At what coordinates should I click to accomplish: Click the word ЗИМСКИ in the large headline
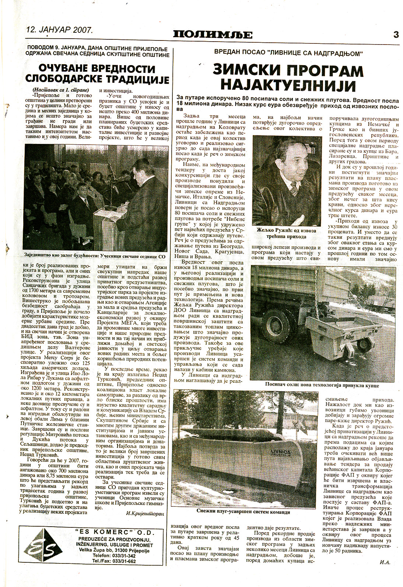pos(250,71)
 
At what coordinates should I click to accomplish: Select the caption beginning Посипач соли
pos(322,385)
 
